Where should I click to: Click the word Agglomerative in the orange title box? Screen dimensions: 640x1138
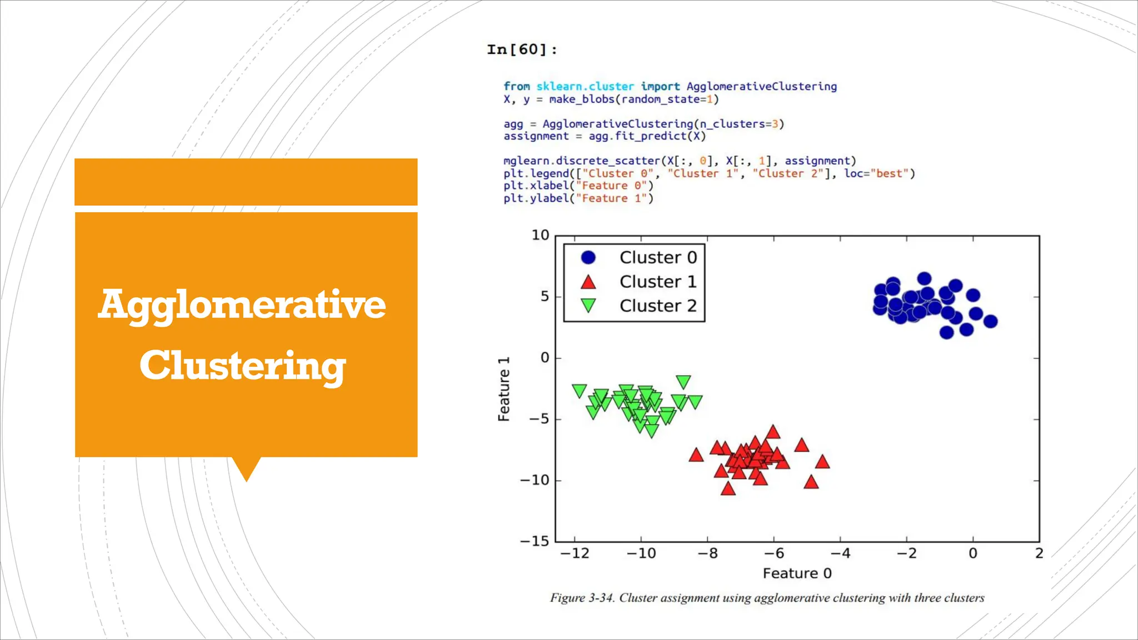[x=242, y=305]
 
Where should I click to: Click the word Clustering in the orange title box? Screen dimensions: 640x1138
[x=243, y=366]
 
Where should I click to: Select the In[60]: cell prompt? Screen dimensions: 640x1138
[x=521, y=50]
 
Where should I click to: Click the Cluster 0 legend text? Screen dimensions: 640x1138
[x=658, y=258]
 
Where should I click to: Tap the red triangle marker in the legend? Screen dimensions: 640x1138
[x=588, y=282]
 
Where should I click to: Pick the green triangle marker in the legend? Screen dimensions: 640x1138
[x=588, y=306]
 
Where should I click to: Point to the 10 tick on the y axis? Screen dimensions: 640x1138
[x=540, y=236]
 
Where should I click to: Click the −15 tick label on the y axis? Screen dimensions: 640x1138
[x=535, y=541]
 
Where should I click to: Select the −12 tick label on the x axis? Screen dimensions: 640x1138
[x=575, y=553]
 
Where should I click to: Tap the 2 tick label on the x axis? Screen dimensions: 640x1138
[x=1039, y=553]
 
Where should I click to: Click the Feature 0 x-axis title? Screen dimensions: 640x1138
[x=797, y=573]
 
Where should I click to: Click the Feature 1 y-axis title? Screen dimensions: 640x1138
[x=503, y=389]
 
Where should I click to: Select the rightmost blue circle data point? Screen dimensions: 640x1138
[x=990, y=321]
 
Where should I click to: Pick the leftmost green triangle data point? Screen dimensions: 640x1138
[x=579, y=391]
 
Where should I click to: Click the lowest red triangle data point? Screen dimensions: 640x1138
[x=728, y=489]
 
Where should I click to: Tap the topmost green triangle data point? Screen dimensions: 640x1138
[x=683, y=382]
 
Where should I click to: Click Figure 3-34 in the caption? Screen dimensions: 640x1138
[x=582, y=598]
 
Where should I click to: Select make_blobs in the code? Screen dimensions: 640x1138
[x=582, y=99]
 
